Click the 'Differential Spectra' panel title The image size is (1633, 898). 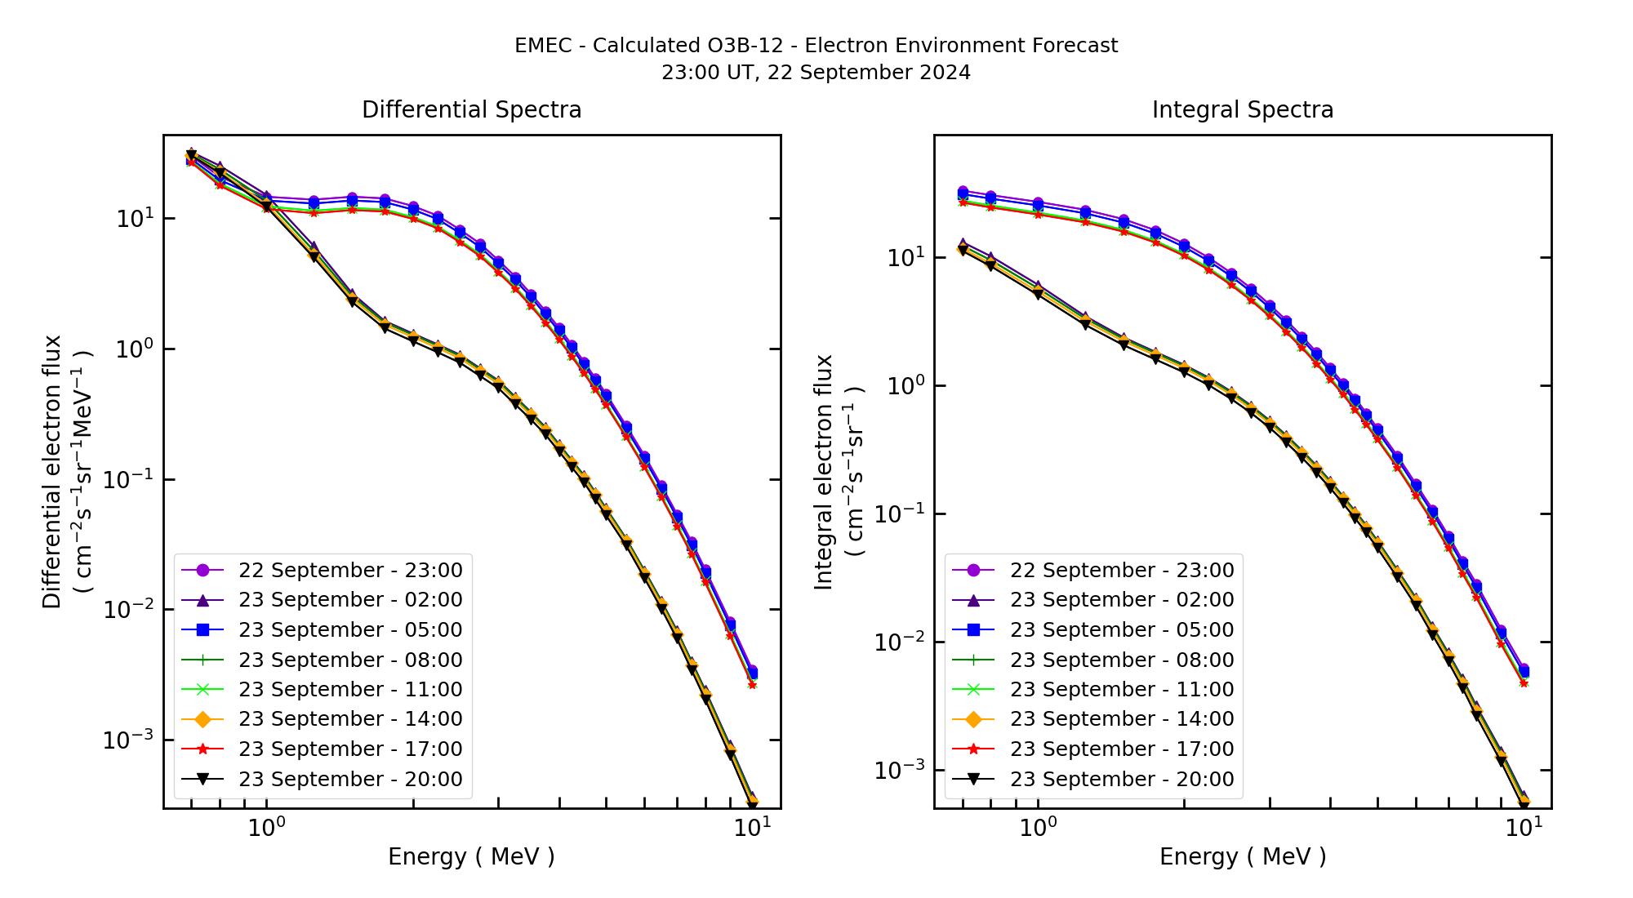tap(471, 109)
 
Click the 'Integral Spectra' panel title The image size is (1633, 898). tap(1242, 109)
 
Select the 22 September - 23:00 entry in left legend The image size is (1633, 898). tap(349, 570)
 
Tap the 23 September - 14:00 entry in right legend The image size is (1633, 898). tap(1121, 718)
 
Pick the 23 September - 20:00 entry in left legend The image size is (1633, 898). tap(349, 779)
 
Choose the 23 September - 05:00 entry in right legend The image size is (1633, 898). tap(1121, 629)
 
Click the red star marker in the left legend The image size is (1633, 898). tap(203, 749)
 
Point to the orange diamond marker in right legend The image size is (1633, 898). tap(973, 718)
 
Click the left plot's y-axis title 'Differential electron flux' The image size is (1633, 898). tap(52, 471)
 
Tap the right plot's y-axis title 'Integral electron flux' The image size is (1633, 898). tap(824, 471)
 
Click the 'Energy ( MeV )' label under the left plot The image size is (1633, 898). tap(471, 856)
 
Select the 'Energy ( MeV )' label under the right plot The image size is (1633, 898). tap(1242, 856)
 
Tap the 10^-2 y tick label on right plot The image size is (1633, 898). tap(900, 642)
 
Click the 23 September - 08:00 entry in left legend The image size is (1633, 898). tap(349, 660)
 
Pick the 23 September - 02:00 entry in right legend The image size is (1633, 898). tap(1121, 599)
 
